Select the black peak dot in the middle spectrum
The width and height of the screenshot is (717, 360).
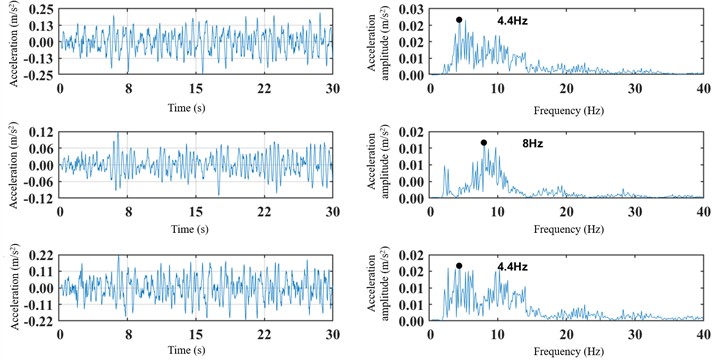point(484,142)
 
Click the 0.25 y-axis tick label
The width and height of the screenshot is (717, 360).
point(40,9)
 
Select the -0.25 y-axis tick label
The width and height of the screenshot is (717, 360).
point(38,75)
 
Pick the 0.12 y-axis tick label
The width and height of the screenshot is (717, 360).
point(40,132)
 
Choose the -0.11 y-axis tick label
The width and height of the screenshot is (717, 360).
point(38,306)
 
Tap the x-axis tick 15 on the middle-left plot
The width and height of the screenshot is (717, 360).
point(196,211)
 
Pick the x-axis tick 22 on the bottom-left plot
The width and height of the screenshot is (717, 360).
point(264,335)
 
